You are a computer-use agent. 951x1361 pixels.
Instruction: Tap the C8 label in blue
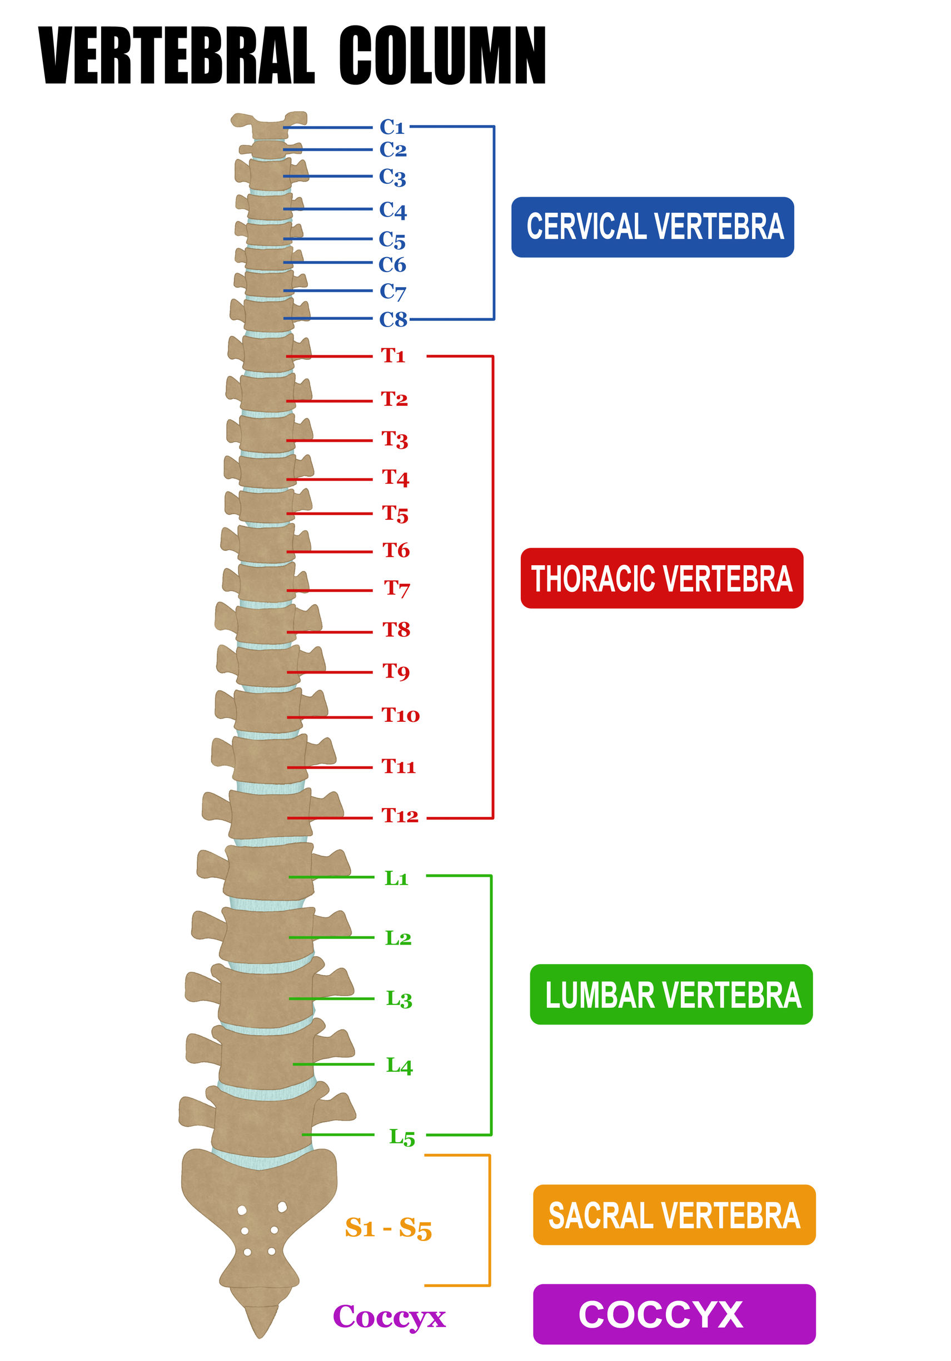coord(393,319)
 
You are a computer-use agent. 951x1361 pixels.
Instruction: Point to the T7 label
coord(396,589)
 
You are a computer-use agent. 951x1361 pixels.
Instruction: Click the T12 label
coord(399,816)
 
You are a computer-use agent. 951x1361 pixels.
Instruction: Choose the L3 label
coord(398,999)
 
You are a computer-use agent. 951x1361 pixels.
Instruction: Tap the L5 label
coord(402,1137)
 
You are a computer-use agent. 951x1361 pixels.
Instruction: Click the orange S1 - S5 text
coord(388,1228)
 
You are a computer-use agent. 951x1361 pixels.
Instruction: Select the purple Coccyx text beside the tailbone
coord(389,1317)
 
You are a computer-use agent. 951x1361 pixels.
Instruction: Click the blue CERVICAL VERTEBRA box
coord(652,227)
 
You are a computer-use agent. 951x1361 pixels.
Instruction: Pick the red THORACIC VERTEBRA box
coord(661,578)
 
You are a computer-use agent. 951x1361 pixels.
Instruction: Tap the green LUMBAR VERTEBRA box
coord(671,994)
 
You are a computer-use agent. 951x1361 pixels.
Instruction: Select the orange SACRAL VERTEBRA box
coord(674,1214)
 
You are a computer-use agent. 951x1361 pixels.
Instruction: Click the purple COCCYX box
coord(674,1314)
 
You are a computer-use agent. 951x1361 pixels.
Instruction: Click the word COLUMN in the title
coord(442,55)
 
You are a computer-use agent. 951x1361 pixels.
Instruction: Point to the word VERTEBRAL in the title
coord(176,55)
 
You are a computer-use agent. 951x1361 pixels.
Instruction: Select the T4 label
coord(395,477)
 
